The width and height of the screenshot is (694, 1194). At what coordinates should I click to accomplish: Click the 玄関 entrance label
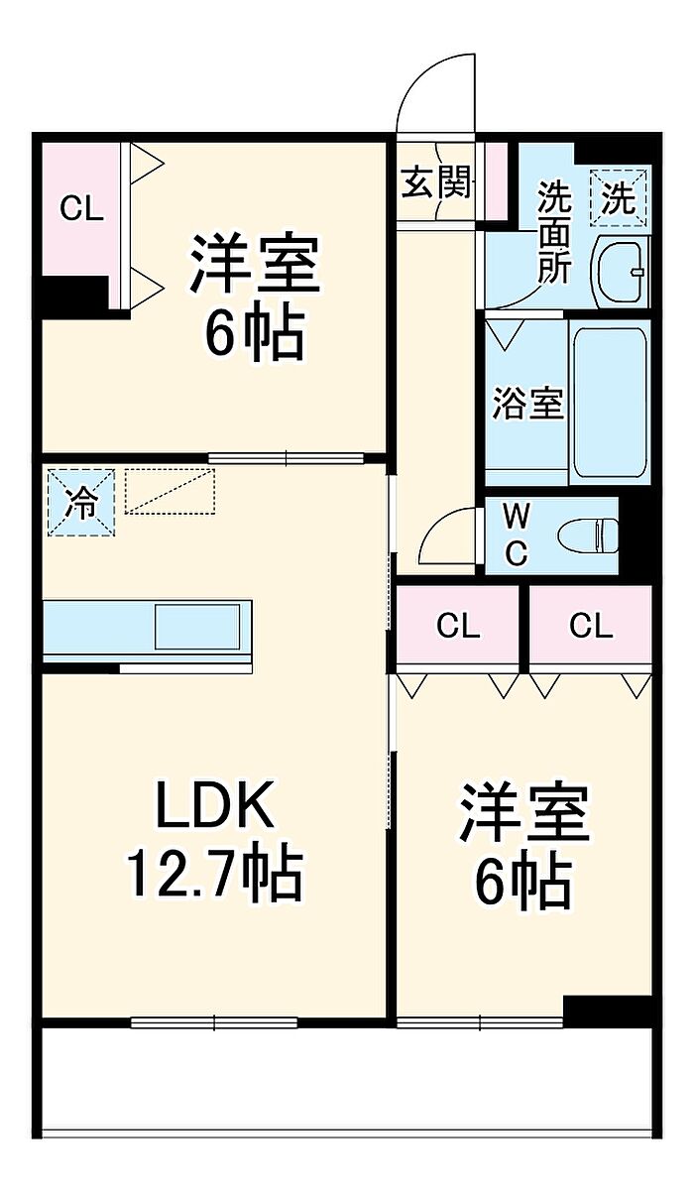coord(436,181)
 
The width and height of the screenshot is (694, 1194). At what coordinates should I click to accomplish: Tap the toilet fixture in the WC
coord(588,537)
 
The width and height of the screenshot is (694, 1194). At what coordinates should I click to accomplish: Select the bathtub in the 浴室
coord(610,402)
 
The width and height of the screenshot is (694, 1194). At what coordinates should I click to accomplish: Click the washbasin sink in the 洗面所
coord(622,272)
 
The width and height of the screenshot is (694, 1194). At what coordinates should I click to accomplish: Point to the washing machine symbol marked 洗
coord(619,197)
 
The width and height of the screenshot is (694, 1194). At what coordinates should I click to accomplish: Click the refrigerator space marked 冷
coord(81,502)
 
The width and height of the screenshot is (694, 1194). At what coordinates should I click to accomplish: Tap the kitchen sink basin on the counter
coord(197,627)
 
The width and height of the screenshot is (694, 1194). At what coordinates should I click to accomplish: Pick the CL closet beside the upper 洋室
coord(80,209)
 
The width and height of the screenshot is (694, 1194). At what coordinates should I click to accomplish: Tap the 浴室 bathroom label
coord(527,403)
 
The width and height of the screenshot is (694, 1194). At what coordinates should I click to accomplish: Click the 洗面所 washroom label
coord(554,233)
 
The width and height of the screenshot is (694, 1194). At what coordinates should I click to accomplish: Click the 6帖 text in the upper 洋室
coord(255,329)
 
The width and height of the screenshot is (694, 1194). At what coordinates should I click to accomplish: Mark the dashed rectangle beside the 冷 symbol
coord(171,492)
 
